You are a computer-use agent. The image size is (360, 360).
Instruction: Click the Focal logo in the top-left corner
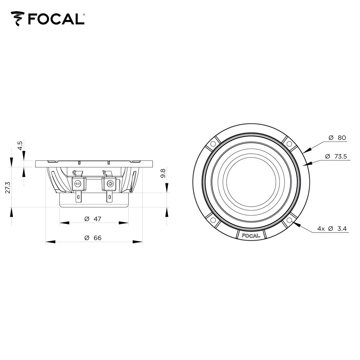coord(48,18)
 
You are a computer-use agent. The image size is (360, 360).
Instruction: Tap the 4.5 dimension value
coord(20,145)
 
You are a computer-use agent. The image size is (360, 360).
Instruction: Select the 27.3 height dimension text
coord(8,187)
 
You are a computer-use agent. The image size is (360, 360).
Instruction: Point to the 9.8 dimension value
coord(163,174)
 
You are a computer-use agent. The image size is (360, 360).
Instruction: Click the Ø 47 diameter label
coord(93,219)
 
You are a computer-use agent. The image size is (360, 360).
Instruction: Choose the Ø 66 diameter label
coord(93,238)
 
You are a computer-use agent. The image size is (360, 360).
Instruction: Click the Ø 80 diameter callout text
coord(337,138)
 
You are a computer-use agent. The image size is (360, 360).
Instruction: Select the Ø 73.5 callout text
coord(335,156)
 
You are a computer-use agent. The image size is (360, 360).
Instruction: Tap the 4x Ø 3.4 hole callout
coord(332,229)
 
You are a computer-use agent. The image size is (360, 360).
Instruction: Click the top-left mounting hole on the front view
coord(213,144)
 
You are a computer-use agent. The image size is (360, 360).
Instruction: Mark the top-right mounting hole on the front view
coord(289,144)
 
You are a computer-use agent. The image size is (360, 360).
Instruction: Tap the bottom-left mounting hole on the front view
coord(213,220)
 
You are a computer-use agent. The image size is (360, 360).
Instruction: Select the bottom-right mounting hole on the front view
coord(289,220)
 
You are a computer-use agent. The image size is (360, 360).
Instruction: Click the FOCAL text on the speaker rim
coord(251,236)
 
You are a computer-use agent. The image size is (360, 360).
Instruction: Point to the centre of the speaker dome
coord(251,182)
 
